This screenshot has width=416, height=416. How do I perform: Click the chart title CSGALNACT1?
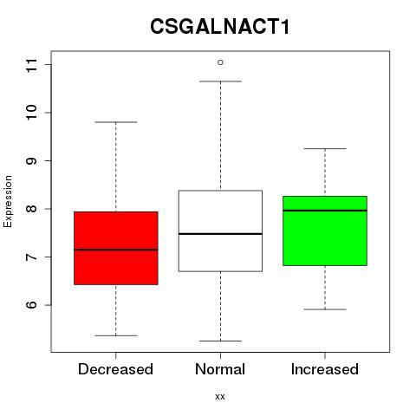[220, 26]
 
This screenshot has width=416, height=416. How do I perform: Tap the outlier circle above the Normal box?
[220, 62]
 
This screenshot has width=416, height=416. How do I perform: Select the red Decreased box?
[116, 248]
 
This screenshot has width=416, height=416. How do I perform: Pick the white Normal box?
[220, 231]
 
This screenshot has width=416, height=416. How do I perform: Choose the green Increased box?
[325, 231]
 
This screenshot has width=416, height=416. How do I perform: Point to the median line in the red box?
[116, 250]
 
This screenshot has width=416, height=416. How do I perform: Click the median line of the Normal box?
[220, 234]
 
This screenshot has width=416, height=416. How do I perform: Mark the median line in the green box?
[325, 211]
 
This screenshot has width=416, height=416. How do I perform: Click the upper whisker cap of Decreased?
[116, 122]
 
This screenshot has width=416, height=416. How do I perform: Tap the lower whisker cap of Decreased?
[116, 335]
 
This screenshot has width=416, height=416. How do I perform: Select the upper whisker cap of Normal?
[220, 81]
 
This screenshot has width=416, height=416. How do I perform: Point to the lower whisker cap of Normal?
[220, 341]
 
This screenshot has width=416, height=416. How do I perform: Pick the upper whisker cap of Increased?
[325, 148]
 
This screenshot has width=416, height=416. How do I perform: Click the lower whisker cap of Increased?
[325, 309]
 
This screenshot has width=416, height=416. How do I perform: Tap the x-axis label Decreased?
[115, 369]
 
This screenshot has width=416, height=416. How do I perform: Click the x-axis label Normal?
[220, 369]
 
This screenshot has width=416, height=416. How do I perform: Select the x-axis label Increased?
[325, 369]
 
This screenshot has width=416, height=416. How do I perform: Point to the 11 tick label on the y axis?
[31, 65]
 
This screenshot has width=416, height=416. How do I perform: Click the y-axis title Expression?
[8, 202]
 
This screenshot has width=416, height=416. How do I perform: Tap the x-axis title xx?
[220, 396]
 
